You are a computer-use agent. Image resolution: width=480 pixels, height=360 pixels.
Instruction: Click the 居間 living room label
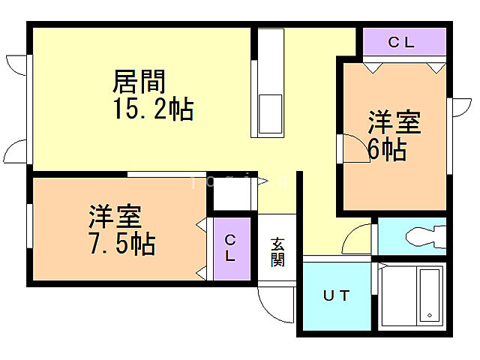[x=139, y=81]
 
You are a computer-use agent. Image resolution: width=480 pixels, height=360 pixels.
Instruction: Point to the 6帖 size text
[x=387, y=150]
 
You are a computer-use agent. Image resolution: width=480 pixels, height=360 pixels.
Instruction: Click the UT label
[x=337, y=295]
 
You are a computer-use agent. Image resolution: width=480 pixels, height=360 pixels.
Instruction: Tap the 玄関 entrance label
[x=277, y=252]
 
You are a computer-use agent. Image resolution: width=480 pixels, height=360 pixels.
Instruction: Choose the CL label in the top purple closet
[x=401, y=43]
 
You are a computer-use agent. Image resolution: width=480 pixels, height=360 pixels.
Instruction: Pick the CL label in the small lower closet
[x=230, y=247]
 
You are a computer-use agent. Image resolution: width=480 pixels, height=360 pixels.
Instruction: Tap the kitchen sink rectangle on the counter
[x=270, y=112]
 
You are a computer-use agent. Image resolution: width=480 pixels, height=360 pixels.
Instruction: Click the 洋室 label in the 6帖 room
[x=394, y=123]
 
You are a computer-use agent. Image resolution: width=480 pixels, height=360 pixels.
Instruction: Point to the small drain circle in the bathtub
[x=429, y=315]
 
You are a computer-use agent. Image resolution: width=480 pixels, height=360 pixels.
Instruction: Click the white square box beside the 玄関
[x=232, y=193]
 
